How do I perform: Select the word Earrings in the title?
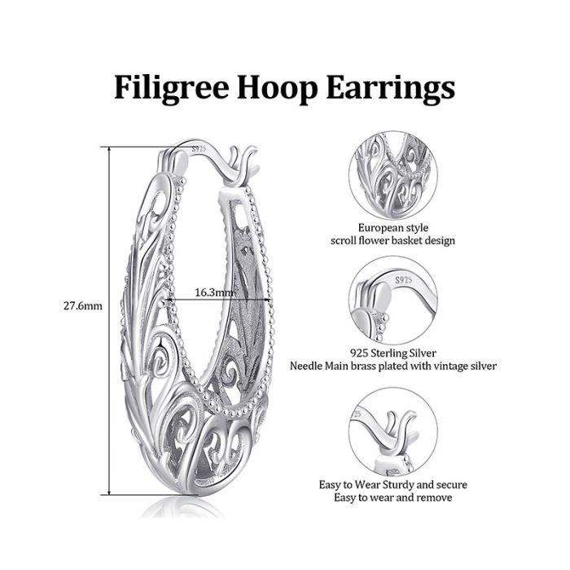(x=391, y=88)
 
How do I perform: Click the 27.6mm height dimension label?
(x=83, y=305)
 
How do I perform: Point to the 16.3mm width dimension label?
(x=214, y=292)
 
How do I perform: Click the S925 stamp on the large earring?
(x=199, y=149)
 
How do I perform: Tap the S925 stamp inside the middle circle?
(x=404, y=280)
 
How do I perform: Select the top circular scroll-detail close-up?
(x=393, y=176)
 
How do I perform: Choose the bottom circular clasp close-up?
(x=393, y=432)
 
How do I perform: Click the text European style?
(x=393, y=228)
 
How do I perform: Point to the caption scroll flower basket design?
(x=393, y=241)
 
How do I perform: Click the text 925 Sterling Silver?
(x=393, y=353)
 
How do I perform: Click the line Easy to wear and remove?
(x=393, y=498)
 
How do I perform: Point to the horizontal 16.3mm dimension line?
(x=218, y=300)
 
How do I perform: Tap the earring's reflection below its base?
(x=182, y=506)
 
